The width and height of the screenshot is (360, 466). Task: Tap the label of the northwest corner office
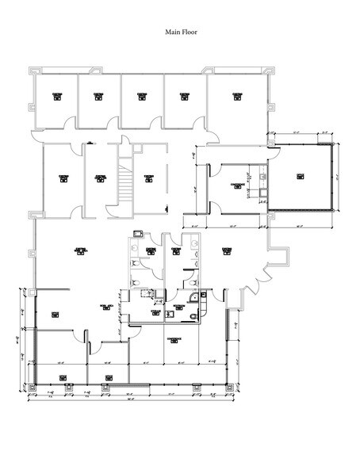[57, 96]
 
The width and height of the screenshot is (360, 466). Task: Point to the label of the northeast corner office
[236, 96]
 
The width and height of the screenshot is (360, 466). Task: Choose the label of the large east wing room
[301, 177]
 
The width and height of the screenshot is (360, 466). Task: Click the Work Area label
[103, 305]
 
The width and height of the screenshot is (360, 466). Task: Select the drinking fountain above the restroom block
[138, 234]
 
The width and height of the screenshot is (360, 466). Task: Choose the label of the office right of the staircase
[148, 178]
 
